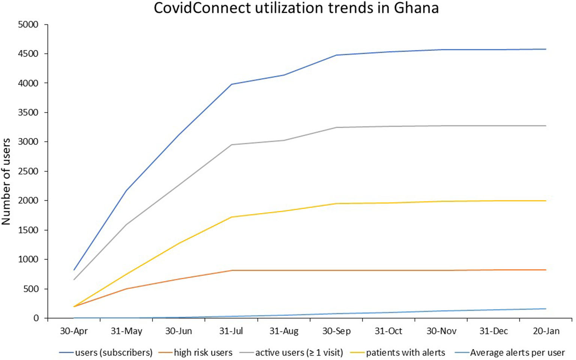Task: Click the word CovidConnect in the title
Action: point(202,8)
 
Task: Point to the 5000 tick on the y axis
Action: point(28,25)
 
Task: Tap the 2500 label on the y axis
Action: point(28,171)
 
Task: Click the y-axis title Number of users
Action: point(6,181)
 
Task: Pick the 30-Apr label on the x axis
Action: point(74,331)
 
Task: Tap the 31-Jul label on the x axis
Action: point(231,331)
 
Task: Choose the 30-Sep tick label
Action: point(336,331)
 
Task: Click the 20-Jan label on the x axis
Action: point(546,331)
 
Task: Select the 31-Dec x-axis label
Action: point(494,331)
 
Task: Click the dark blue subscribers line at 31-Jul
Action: point(232,84)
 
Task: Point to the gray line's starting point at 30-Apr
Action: point(74,279)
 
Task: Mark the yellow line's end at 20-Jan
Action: point(546,201)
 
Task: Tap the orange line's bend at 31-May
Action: point(127,289)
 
